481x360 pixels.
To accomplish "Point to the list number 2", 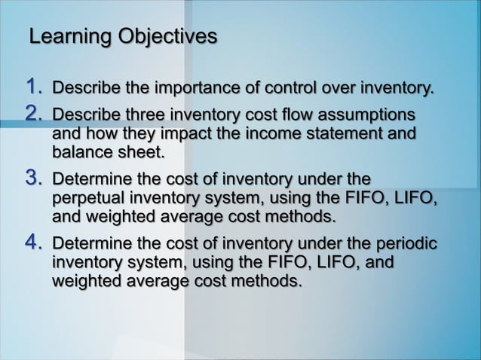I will pos(33,115).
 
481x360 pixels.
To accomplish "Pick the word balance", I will pos(81,154).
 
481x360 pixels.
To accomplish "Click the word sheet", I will pos(139,154).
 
